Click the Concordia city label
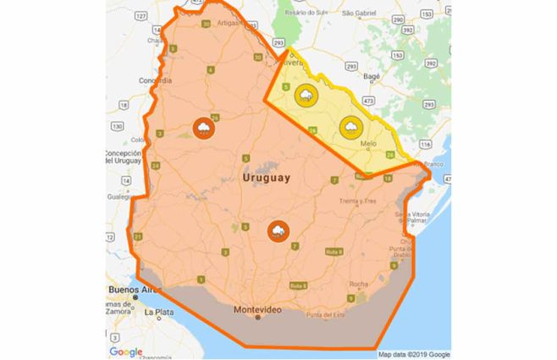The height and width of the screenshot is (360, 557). click(x=155, y=80)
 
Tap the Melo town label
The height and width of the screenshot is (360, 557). click(x=367, y=144)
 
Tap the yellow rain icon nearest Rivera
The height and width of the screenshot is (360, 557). click(x=306, y=95)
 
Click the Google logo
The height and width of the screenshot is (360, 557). click(x=125, y=352)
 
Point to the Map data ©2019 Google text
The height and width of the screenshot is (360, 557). click(x=414, y=354)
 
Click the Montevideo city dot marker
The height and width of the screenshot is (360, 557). click(x=258, y=318)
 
